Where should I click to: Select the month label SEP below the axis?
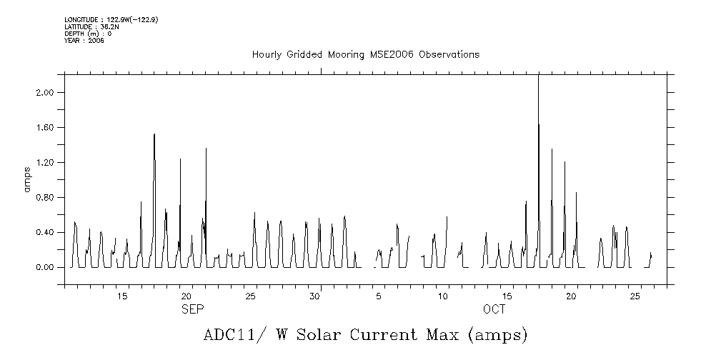[192, 309]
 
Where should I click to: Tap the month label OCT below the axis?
[494, 309]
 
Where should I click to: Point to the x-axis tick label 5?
[379, 296]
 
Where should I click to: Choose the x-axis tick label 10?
[443, 296]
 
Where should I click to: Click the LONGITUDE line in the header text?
[111, 19]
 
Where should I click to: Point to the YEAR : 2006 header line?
[84, 41]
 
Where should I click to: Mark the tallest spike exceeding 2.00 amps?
[538, 79]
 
